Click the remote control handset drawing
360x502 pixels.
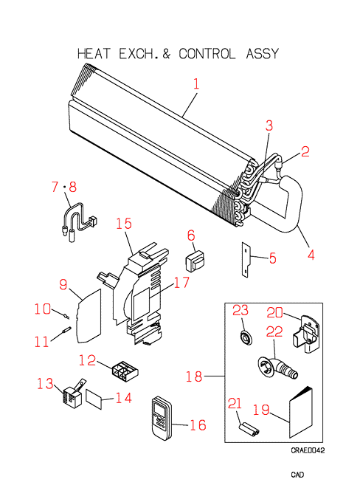click(x=162, y=418)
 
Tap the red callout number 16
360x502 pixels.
click(x=198, y=425)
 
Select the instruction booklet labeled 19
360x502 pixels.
click(x=301, y=413)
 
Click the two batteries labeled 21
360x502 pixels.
click(x=249, y=429)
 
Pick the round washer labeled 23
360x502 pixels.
click(x=246, y=337)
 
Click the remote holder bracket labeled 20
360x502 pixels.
click(x=306, y=334)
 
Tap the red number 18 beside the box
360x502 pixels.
click(x=194, y=376)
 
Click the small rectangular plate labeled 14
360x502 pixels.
click(x=94, y=399)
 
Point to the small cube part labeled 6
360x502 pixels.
click(x=195, y=261)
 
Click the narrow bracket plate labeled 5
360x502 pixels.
click(x=246, y=259)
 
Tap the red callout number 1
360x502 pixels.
click(x=196, y=83)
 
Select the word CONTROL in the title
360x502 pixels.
click(x=207, y=54)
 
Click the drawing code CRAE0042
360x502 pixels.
click(x=308, y=450)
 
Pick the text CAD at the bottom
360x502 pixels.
click(x=297, y=475)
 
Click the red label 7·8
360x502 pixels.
click(x=64, y=187)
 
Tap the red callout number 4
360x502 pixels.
click(x=311, y=255)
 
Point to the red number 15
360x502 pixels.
click(x=124, y=224)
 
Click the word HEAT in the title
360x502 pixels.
click(x=94, y=54)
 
